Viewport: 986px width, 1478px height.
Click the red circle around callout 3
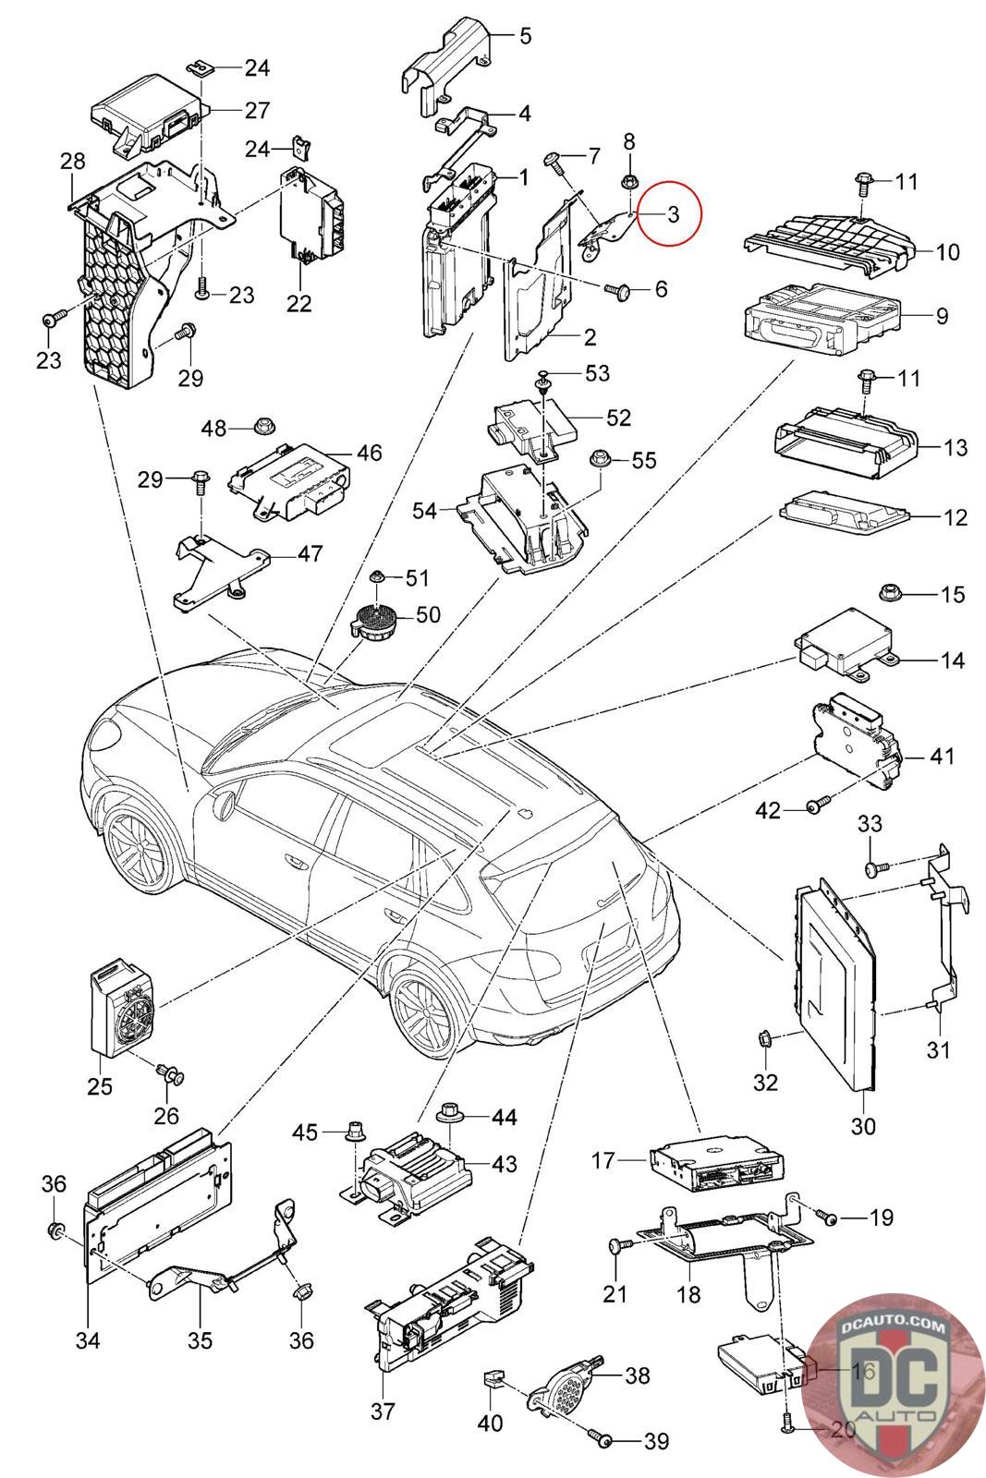[671, 213]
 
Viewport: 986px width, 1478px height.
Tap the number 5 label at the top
[525, 36]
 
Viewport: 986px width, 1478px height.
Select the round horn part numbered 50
[373, 617]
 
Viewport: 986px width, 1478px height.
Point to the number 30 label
[863, 1126]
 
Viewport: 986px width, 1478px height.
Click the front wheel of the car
[138, 842]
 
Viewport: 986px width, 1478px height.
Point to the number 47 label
[310, 553]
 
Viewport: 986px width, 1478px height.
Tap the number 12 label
[955, 517]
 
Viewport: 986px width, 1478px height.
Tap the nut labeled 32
[765, 1040]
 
